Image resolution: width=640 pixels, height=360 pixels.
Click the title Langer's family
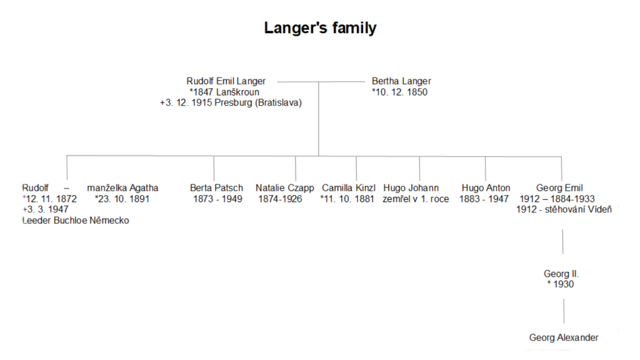(320, 28)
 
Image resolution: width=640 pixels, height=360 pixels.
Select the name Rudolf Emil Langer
(226, 81)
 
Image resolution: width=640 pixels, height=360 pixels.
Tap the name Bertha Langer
(401, 81)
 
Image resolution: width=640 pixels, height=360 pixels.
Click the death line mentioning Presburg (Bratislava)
(231, 103)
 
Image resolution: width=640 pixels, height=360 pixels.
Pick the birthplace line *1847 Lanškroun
(224, 92)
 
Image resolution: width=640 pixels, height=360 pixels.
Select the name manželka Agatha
(122, 188)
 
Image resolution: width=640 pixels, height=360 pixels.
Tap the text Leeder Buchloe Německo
(76, 221)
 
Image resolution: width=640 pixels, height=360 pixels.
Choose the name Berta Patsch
(216, 188)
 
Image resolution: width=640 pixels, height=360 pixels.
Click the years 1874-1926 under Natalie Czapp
(280, 199)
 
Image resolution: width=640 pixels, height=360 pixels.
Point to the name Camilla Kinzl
(349, 188)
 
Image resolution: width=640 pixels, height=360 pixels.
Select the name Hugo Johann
(411, 188)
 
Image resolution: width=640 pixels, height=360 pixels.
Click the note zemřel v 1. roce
(415, 199)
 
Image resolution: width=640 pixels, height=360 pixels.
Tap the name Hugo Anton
(486, 188)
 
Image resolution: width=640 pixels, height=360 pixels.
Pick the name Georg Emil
(559, 188)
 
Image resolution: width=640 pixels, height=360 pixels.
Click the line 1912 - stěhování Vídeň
(564, 209)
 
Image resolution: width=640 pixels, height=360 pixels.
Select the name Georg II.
(561, 274)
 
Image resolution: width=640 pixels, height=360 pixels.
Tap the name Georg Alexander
(564, 338)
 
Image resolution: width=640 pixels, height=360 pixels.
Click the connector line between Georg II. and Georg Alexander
(564, 311)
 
